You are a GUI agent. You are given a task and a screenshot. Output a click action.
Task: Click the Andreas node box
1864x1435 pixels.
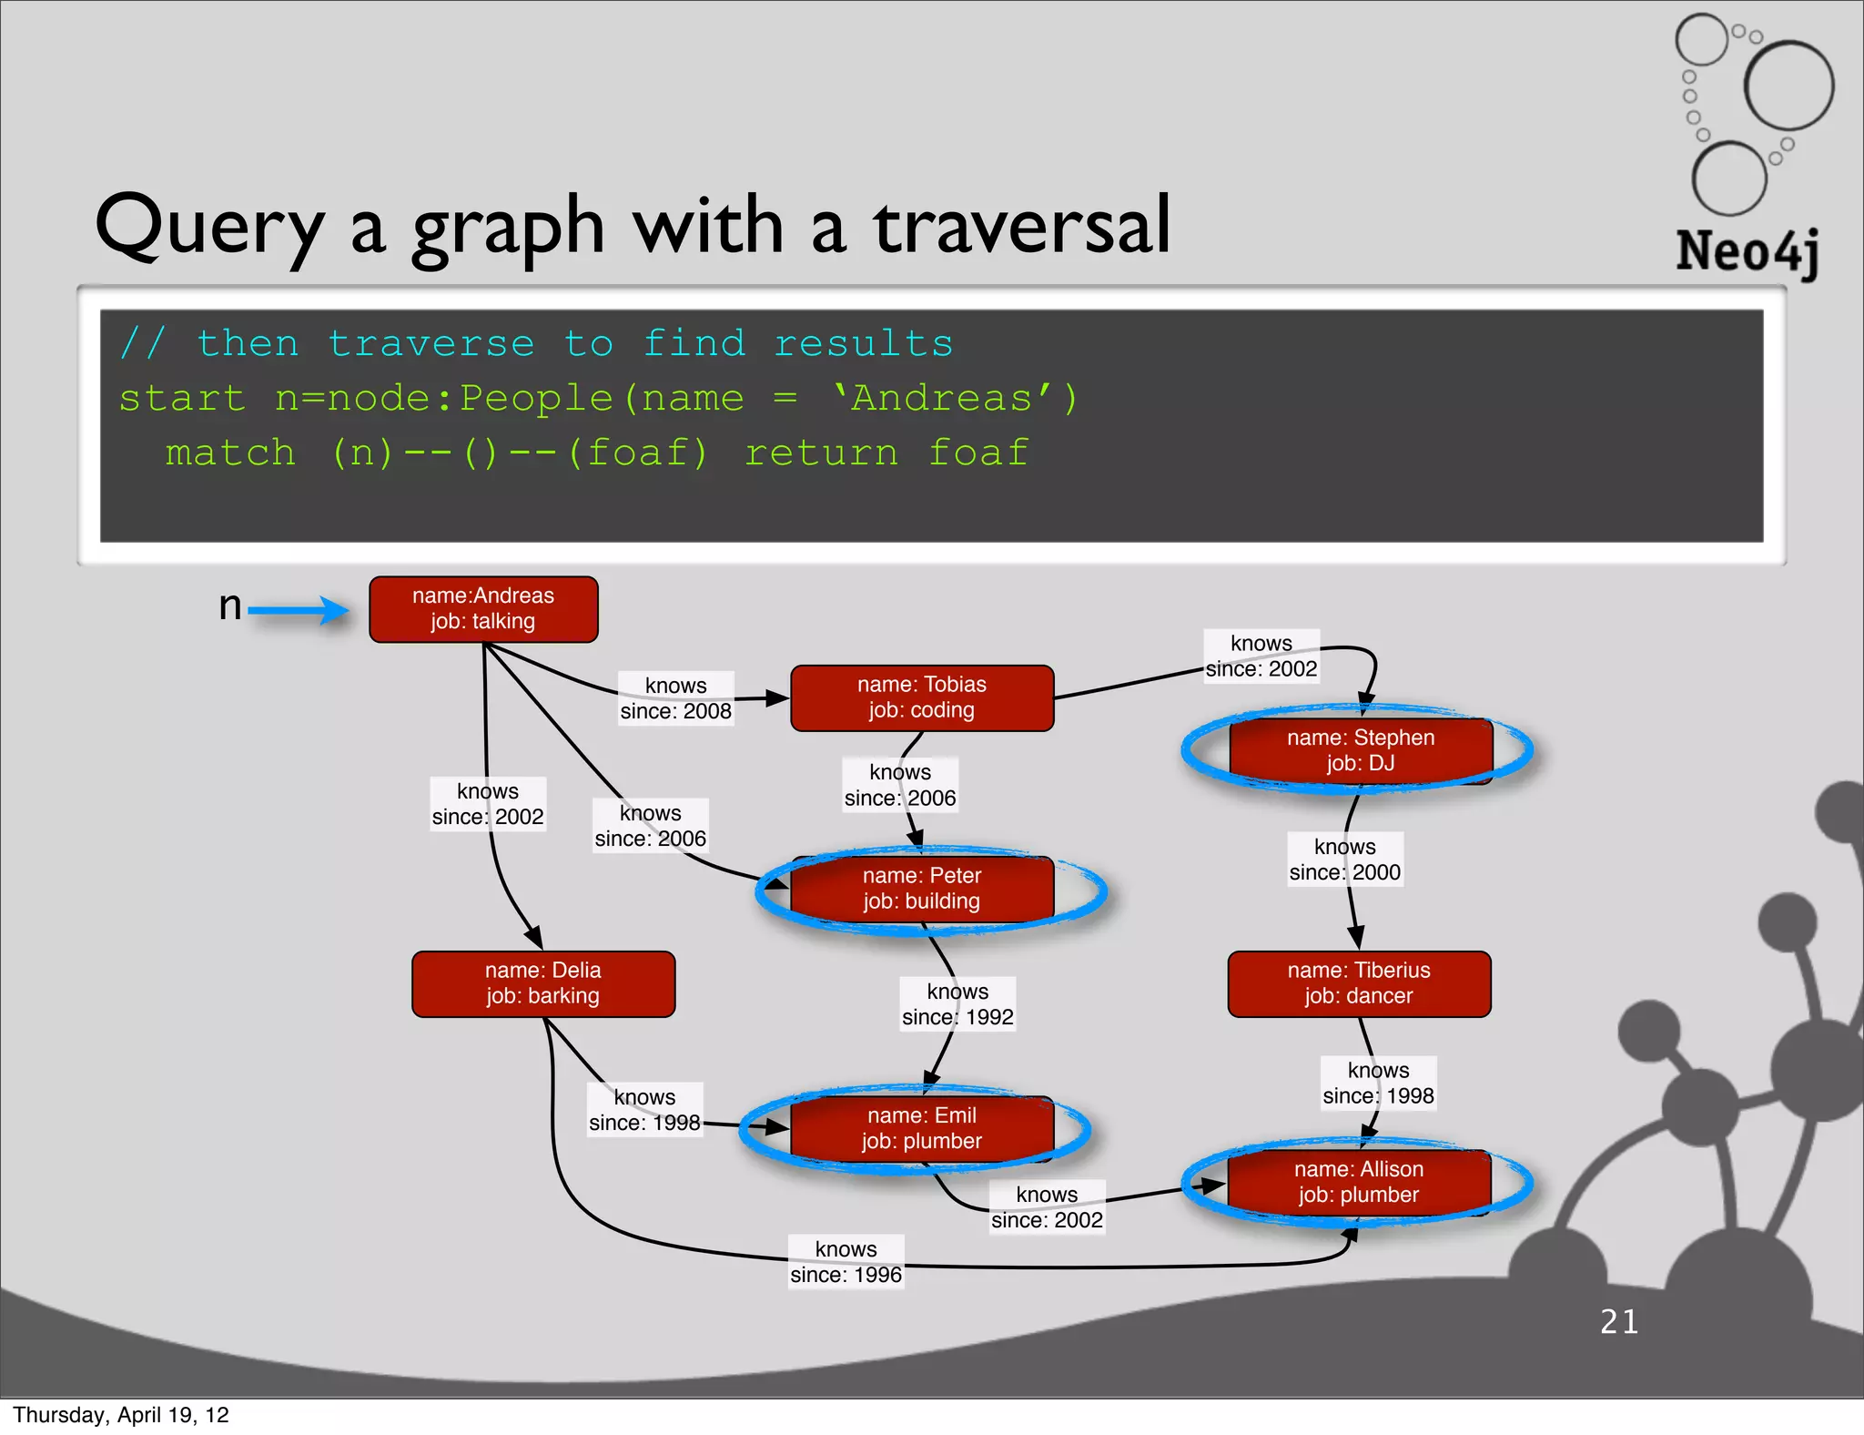483,609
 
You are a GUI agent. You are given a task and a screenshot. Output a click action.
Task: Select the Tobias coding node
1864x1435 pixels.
922,697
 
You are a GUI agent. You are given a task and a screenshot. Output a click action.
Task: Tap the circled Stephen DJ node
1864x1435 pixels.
1360,750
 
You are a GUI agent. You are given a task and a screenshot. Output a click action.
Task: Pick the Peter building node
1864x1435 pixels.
922,889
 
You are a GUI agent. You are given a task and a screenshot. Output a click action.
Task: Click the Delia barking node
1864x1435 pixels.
543,983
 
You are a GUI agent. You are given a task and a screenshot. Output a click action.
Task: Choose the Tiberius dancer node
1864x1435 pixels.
1359,983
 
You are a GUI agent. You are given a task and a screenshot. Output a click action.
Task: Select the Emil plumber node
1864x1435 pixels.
922,1128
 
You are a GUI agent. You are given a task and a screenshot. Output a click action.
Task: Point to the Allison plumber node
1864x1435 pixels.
1359,1182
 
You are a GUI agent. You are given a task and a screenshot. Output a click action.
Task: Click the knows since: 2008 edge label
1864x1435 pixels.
675,698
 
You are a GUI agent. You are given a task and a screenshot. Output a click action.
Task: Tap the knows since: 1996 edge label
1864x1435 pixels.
846,1262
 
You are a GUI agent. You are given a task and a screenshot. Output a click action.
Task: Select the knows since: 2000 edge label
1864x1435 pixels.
1344,860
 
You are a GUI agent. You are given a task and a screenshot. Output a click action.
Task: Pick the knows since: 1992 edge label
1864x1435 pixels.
957,1004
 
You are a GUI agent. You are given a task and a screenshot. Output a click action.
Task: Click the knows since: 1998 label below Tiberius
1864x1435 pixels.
1378,1084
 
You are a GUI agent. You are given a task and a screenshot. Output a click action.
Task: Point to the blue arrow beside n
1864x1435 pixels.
298,610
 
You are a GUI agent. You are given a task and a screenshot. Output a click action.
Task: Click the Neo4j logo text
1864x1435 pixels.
1747,251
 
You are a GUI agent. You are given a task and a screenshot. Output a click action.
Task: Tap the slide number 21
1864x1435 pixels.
1619,1321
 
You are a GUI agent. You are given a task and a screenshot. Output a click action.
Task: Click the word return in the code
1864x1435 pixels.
821,453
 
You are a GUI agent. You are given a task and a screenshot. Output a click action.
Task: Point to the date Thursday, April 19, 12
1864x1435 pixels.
121,1415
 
